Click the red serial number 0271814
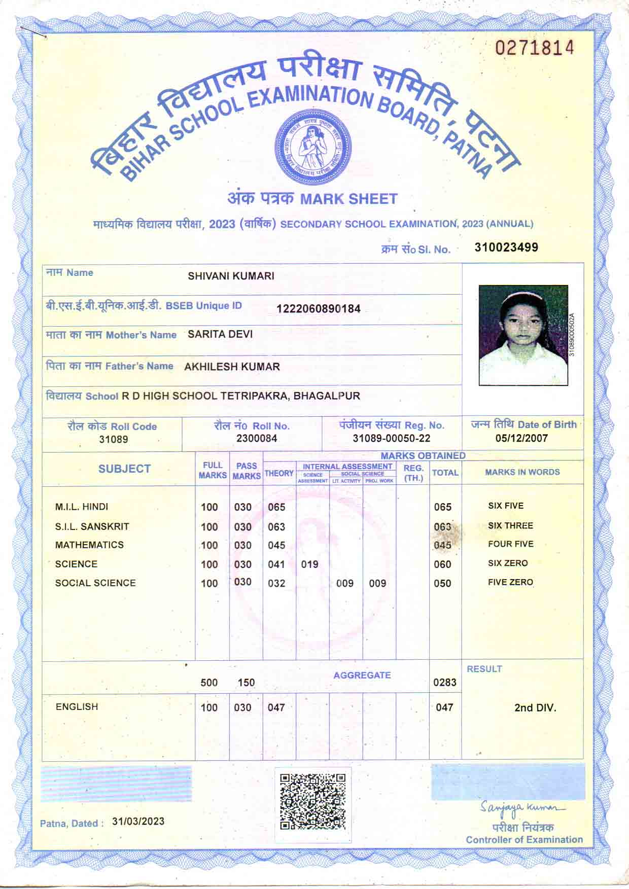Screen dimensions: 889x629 (535, 48)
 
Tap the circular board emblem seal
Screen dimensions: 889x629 (312, 147)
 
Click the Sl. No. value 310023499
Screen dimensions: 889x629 (506, 247)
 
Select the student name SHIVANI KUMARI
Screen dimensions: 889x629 (231, 276)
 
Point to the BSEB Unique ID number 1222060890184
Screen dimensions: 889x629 (318, 308)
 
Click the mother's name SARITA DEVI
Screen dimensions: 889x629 (220, 334)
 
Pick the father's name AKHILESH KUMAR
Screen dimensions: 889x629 (232, 366)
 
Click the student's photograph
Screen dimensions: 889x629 (523, 335)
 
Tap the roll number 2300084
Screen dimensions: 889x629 (257, 438)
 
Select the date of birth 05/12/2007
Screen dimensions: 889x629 (521, 438)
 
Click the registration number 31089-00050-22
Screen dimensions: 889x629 (391, 438)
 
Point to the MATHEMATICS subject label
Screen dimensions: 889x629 (89, 545)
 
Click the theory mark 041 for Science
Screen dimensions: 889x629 (276, 564)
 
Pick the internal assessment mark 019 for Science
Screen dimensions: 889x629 (309, 564)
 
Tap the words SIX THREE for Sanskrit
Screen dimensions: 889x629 (510, 525)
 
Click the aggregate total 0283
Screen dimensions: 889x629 (444, 682)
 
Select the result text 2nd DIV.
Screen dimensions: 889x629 (535, 707)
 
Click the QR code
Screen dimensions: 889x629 (313, 801)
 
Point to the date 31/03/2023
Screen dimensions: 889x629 (138, 821)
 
